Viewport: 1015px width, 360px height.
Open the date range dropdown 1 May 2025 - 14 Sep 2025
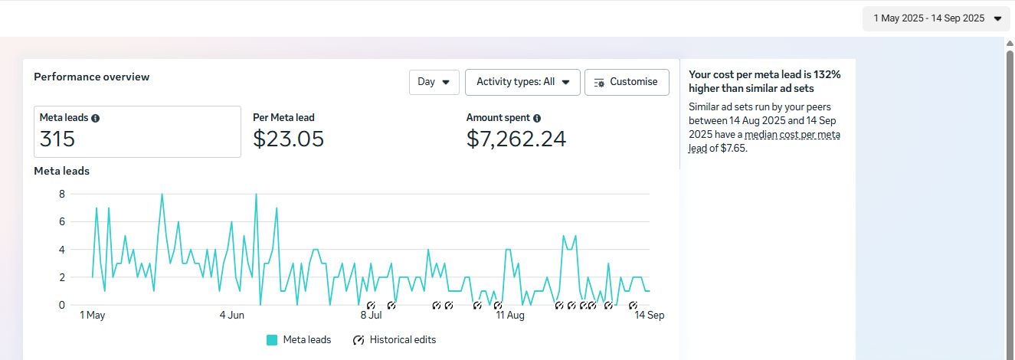click(x=936, y=18)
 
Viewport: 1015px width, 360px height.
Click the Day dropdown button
click(x=434, y=82)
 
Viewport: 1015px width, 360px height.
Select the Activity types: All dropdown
click(x=522, y=82)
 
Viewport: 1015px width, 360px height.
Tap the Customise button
click(x=627, y=82)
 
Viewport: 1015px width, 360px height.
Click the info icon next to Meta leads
click(x=95, y=118)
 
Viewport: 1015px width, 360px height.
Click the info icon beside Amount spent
click(x=537, y=118)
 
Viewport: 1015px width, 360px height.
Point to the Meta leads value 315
click(x=57, y=139)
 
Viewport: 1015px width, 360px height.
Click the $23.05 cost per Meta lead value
click(x=289, y=139)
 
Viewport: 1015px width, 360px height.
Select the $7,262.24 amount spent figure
click(x=516, y=139)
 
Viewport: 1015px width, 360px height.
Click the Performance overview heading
click(x=91, y=77)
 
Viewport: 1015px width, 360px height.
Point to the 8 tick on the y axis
click(x=62, y=195)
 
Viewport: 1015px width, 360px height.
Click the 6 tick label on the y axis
click(x=62, y=222)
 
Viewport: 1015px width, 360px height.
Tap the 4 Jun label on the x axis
click(x=232, y=315)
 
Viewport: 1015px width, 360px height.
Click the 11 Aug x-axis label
click(x=510, y=315)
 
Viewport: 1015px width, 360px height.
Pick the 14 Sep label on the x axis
click(x=650, y=315)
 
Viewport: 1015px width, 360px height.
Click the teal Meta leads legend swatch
click(x=272, y=340)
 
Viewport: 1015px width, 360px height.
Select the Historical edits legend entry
click(x=395, y=340)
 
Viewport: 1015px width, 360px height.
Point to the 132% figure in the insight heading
click(x=827, y=75)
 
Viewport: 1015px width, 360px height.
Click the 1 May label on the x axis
click(x=93, y=315)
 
